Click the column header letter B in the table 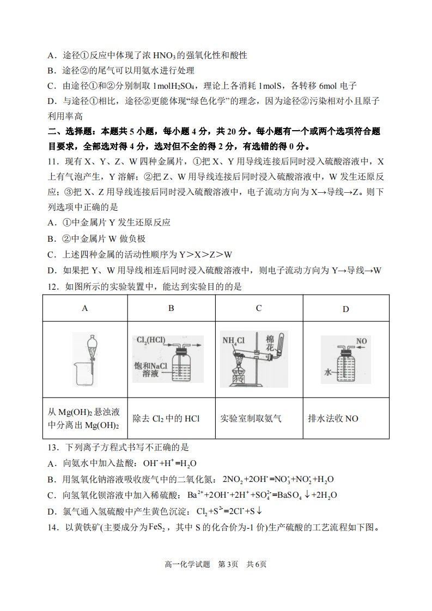tap(171, 308)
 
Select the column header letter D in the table tap(346, 309)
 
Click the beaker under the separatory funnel tap(84, 374)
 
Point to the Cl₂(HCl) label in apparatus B tap(150, 340)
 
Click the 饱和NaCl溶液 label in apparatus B tap(150, 369)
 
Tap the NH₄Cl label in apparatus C tap(233, 340)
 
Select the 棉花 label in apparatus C tap(270, 343)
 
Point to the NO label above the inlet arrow tap(361, 341)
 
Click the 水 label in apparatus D tap(327, 372)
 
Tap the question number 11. tap(54, 162)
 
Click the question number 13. tap(54, 447)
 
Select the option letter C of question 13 tap(52, 495)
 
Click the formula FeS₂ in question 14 tap(160, 528)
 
